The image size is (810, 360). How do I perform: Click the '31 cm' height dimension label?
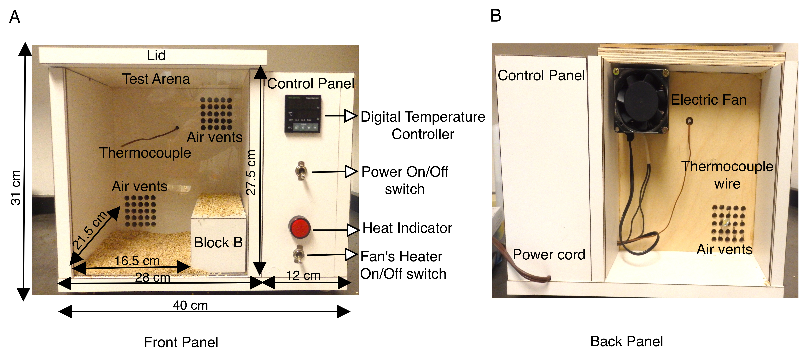tap(16, 188)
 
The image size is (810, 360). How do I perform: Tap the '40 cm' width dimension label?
tap(190, 305)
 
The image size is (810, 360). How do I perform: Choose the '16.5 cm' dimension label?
tap(137, 261)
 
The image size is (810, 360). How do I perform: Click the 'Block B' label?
tap(218, 243)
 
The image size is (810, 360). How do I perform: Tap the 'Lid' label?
tap(156, 55)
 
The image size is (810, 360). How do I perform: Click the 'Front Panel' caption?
tap(181, 342)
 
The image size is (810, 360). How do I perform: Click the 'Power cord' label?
tap(549, 255)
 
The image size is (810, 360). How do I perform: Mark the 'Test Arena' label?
tap(156, 79)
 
